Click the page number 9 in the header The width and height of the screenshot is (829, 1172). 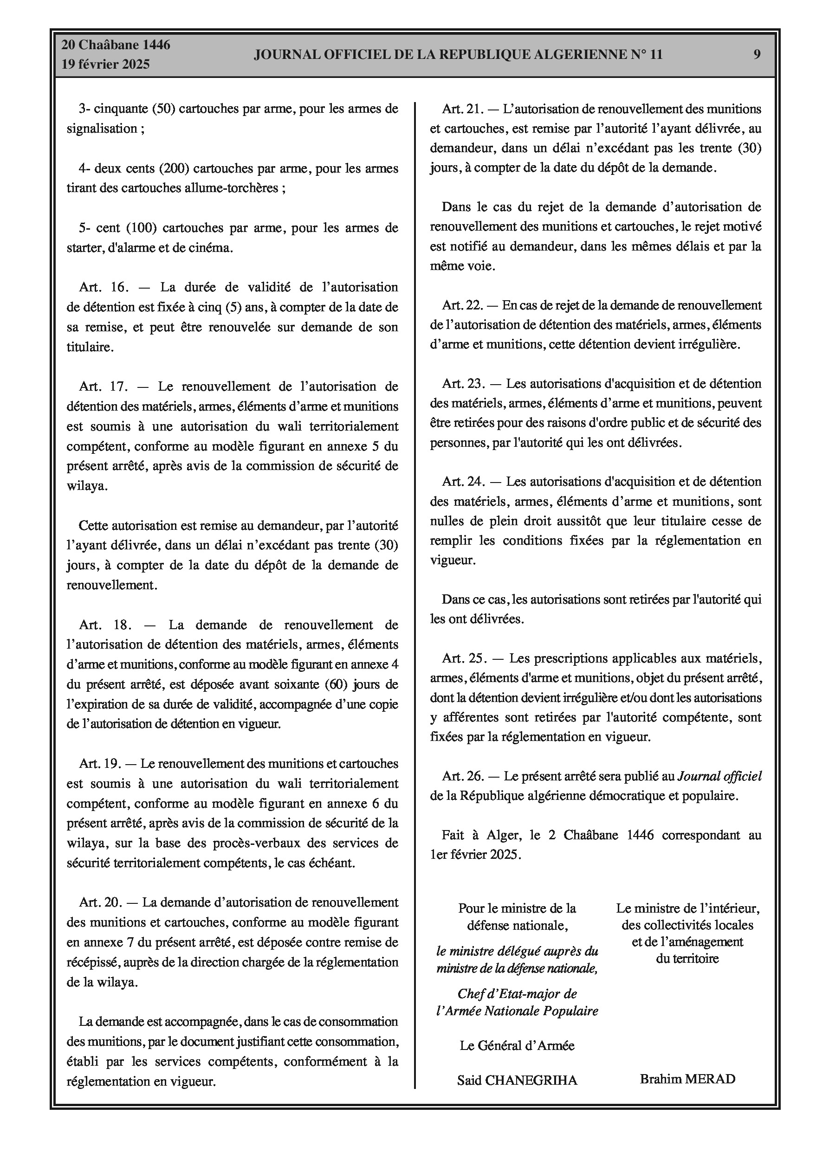757,54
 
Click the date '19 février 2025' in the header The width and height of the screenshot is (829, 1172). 106,64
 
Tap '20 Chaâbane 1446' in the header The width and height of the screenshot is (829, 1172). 116,45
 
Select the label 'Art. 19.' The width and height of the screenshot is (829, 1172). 100,764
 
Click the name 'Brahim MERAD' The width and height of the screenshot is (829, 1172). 687,1079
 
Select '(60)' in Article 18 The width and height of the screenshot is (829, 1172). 337,684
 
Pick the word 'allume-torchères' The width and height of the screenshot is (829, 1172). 238,188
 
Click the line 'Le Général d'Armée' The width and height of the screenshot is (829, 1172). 517,1046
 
